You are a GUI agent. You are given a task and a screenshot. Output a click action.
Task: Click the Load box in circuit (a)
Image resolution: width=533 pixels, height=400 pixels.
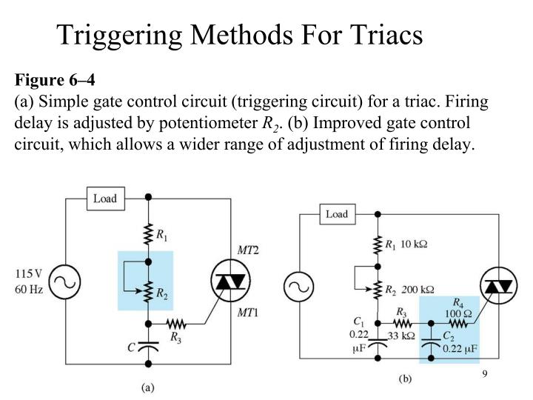[x=105, y=198]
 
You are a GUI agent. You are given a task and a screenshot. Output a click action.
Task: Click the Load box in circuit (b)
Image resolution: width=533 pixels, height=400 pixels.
[x=336, y=214]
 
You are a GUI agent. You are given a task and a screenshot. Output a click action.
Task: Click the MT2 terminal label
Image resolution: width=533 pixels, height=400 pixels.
[x=247, y=250]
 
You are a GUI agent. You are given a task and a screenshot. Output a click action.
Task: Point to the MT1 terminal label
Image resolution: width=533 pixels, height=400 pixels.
[x=247, y=312]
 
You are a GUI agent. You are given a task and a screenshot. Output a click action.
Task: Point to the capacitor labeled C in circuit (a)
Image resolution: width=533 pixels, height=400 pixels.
[x=149, y=345]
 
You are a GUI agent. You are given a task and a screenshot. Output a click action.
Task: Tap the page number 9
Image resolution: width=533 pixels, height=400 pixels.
[x=485, y=373]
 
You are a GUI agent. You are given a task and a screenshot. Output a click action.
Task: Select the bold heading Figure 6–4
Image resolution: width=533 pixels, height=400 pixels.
[x=55, y=79]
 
